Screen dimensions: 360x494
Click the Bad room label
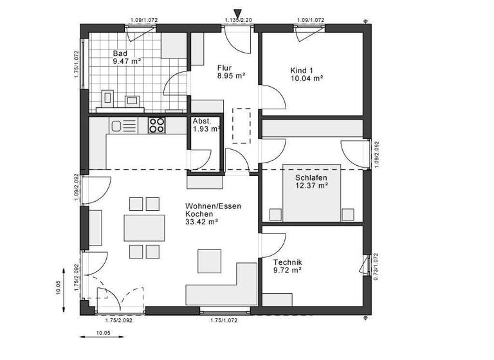coord(120,53)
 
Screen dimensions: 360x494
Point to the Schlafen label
coord(311,177)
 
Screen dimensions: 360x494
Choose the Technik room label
coord(287,262)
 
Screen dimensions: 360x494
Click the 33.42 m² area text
coord(201,222)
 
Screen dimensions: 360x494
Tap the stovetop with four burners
coord(157,125)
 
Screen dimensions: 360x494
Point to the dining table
coord(143,227)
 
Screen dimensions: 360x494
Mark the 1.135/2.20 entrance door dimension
coord(237,21)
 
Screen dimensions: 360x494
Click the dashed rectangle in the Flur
coord(241,125)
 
